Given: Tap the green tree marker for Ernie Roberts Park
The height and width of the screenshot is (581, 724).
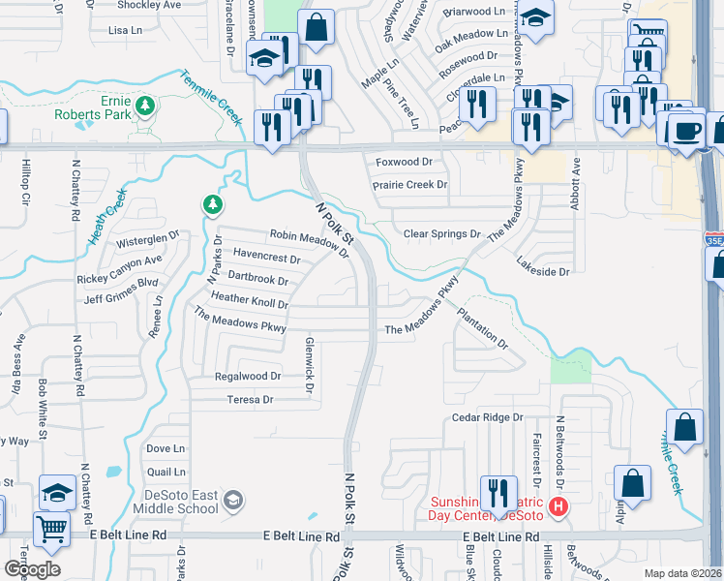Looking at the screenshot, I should (x=145, y=105).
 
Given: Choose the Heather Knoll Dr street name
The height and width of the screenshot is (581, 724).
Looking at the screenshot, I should (x=249, y=301).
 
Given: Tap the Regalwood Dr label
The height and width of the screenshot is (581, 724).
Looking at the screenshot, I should (x=248, y=376).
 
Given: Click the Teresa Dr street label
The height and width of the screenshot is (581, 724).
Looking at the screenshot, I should (x=251, y=399).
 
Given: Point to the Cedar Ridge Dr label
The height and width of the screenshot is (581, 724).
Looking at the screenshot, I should (x=488, y=417).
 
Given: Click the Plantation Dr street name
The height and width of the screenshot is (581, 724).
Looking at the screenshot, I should (x=482, y=329).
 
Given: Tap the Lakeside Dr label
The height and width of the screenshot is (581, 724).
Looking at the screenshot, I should (x=543, y=272).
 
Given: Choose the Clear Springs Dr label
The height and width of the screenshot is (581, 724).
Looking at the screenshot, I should (x=441, y=234).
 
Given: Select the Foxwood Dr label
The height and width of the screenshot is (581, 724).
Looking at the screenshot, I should (x=404, y=162).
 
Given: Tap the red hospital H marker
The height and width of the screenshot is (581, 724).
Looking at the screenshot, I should (x=557, y=505).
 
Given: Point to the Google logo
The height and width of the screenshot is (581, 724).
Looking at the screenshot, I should (x=32, y=569).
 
